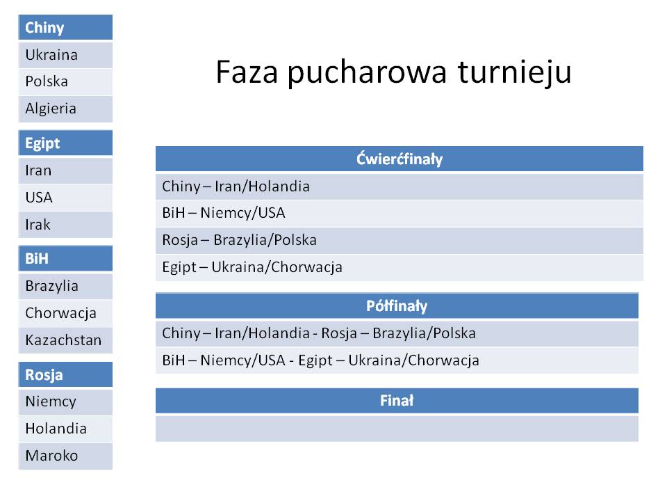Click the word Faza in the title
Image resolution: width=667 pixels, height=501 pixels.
click(x=247, y=72)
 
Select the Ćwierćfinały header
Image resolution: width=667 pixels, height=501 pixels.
click(x=399, y=159)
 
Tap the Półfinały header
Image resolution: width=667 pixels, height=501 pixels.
click(x=397, y=305)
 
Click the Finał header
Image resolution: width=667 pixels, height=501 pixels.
click(x=397, y=401)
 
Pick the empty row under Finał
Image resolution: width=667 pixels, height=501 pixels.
click(x=397, y=429)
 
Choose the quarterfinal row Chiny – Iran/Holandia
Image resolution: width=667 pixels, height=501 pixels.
click(x=399, y=186)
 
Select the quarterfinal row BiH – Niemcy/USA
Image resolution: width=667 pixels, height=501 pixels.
click(x=399, y=213)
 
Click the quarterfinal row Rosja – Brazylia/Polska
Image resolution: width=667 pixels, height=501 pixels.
click(x=399, y=240)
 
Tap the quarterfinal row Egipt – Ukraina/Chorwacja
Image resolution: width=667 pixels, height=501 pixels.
click(x=399, y=267)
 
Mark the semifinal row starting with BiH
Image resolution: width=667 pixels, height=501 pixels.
click(x=397, y=360)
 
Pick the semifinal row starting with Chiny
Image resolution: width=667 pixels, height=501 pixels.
click(x=397, y=333)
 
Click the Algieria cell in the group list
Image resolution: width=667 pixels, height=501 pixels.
click(x=65, y=109)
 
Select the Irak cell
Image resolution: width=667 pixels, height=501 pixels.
click(x=65, y=225)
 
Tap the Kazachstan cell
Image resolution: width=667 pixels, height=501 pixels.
click(x=65, y=340)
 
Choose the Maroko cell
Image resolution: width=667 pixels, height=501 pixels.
click(x=65, y=456)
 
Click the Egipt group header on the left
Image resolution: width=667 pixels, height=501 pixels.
click(x=65, y=143)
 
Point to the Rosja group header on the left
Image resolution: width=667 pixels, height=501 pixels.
click(x=65, y=374)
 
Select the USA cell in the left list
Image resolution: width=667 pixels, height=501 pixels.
click(x=65, y=198)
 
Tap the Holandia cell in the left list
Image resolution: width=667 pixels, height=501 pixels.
click(x=65, y=429)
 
